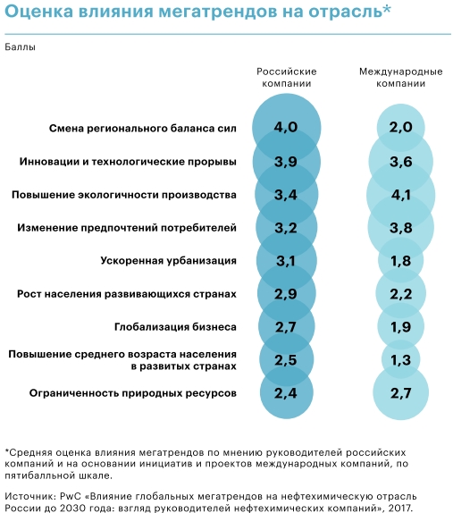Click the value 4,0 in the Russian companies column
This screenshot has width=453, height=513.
point(286,127)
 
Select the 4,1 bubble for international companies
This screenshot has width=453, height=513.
point(400,195)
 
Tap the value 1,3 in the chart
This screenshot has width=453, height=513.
point(400,360)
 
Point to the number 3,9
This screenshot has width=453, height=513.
point(286,162)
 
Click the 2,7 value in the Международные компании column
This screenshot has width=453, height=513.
point(400,393)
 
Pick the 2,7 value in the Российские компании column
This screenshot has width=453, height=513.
point(286,327)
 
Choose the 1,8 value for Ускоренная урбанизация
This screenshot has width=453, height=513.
point(400,261)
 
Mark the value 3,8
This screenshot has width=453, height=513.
point(400,228)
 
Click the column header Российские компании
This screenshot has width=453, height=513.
point(287,77)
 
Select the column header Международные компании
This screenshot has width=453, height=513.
point(400,77)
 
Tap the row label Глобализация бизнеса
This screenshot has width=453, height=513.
point(175,327)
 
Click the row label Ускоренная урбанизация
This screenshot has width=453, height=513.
point(169,261)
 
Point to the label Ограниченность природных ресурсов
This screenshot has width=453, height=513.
point(133,393)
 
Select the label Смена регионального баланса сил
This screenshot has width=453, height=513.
point(143,129)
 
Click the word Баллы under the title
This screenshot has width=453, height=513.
point(20,47)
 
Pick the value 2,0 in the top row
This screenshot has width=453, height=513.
point(400,127)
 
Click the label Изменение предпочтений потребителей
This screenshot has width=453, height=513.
point(127,228)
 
